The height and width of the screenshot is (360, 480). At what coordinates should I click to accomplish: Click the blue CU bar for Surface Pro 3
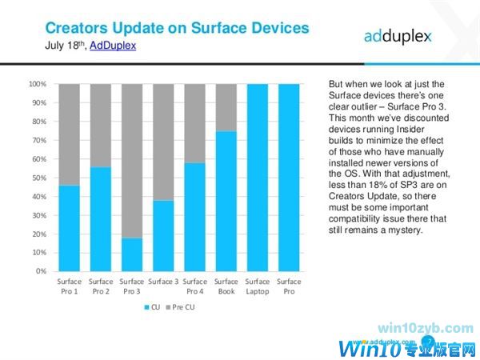(x=132, y=254)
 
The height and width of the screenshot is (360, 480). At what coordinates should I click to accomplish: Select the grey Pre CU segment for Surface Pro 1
(x=70, y=134)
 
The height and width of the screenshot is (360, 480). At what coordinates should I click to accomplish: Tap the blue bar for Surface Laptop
(x=258, y=177)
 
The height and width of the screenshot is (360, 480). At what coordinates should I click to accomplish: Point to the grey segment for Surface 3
(x=163, y=142)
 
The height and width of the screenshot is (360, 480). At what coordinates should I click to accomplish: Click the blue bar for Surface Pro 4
(x=195, y=216)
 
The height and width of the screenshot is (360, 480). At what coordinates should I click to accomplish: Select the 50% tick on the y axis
(x=38, y=178)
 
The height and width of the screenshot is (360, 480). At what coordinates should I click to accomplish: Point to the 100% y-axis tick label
(x=36, y=84)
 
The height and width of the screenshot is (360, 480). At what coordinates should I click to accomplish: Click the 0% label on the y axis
(x=39, y=271)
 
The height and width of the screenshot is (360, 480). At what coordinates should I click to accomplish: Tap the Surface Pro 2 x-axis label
(x=101, y=286)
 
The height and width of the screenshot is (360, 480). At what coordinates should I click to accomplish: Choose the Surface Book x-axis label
(x=226, y=286)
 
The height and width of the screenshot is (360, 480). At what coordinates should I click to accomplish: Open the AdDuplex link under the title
(x=113, y=46)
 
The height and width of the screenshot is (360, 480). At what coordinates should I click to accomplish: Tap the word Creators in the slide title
(x=76, y=28)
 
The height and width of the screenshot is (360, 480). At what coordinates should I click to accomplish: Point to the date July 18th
(x=64, y=46)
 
